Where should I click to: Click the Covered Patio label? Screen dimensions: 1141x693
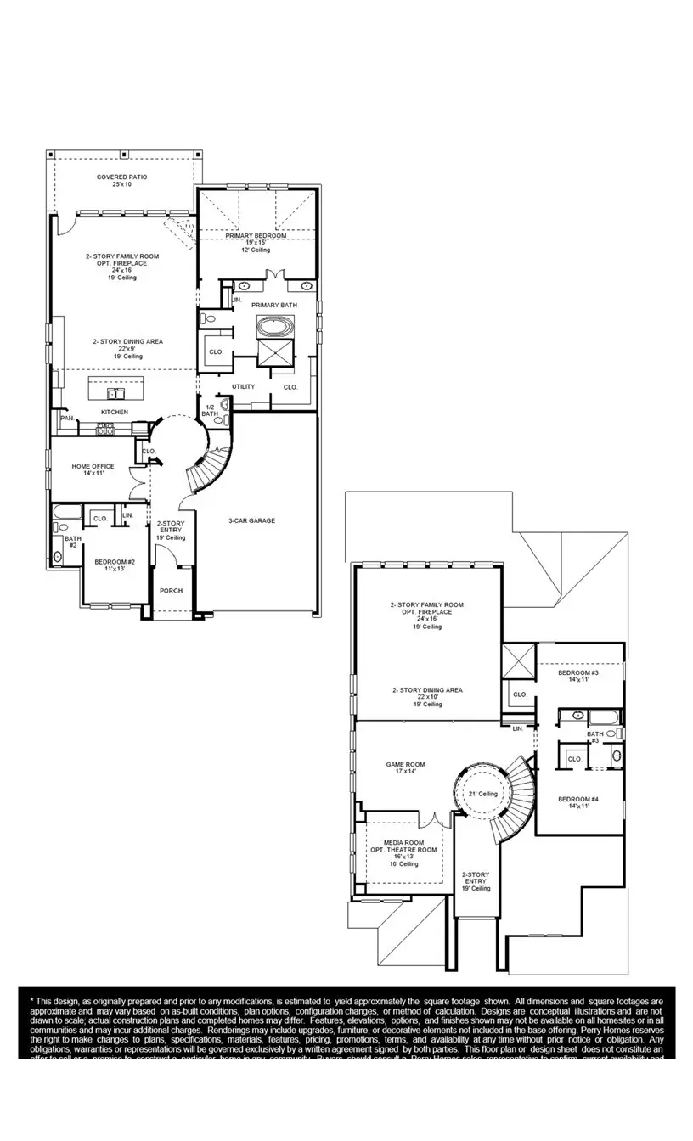121,177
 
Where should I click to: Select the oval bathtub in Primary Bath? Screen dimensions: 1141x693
274,326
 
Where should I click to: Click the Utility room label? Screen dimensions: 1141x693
243,386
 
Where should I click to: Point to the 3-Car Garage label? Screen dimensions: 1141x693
251,520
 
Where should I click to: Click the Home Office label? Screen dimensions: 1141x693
93,466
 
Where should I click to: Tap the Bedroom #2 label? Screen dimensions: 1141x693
115,562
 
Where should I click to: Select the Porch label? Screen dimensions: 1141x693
171,591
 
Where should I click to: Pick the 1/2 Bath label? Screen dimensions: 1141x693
210,409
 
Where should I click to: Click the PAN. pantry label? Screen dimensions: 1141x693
66,418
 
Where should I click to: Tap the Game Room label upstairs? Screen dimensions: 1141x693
405,764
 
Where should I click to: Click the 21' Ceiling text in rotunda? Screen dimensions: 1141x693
482,794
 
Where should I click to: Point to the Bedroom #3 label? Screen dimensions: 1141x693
578,672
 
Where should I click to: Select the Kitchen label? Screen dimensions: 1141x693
115,412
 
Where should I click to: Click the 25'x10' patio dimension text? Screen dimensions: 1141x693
121,184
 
